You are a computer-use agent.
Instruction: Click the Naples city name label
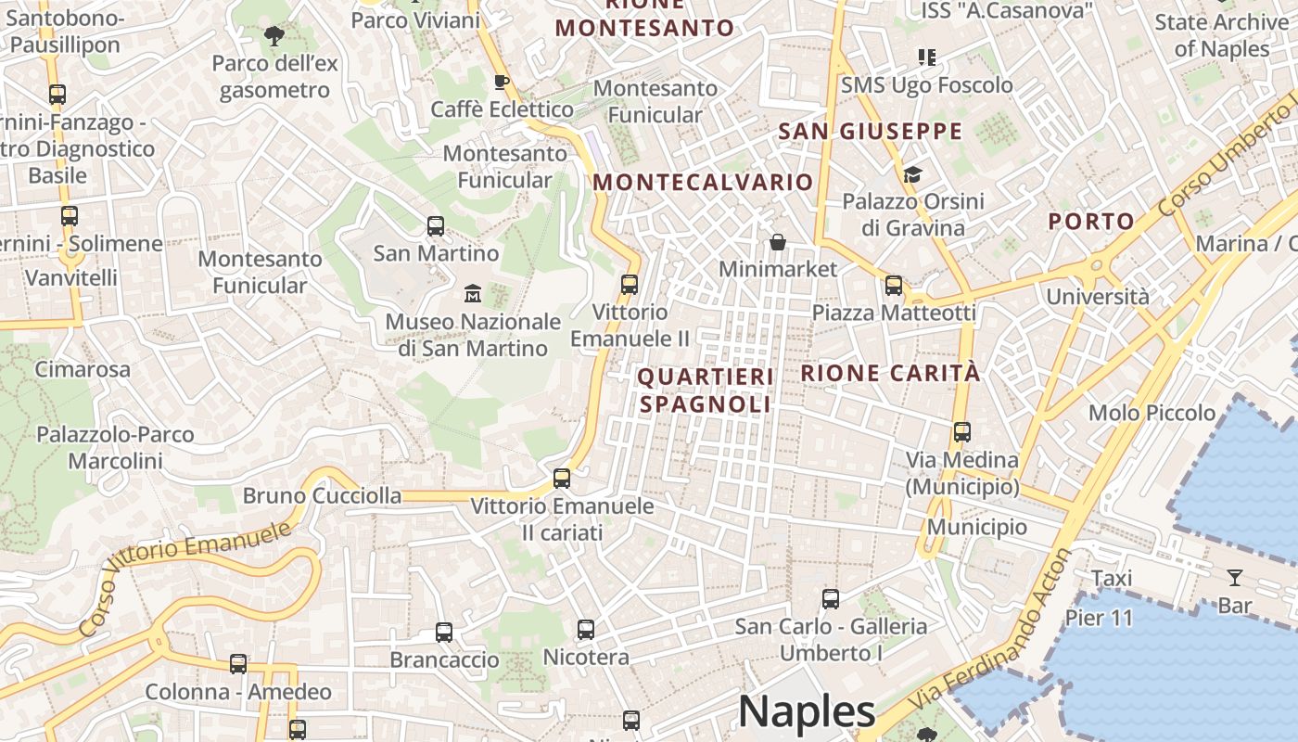click(807, 712)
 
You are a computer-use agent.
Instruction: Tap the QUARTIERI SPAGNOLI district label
click(706, 390)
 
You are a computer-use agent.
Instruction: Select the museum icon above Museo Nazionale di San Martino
click(473, 294)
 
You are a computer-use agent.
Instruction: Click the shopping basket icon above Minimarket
click(778, 242)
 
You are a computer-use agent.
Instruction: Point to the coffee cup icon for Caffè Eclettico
click(502, 82)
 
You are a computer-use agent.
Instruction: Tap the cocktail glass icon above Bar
click(1234, 578)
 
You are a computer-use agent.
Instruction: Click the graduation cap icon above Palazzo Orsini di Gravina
click(912, 174)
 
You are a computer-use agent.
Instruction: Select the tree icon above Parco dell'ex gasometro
click(274, 36)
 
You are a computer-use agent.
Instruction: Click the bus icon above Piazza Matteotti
click(894, 286)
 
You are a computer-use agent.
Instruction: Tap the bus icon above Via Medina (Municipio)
click(962, 432)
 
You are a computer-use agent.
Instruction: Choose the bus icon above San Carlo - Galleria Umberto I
click(831, 599)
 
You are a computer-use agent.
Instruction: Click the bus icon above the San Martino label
click(436, 225)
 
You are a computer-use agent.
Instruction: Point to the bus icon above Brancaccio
click(444, 633)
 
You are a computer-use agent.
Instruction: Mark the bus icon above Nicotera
click(586, 630)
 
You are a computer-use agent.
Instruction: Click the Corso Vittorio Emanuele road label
click(185, 579)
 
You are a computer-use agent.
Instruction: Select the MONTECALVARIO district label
click(703, 182)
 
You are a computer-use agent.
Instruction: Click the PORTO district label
click(1091, 221)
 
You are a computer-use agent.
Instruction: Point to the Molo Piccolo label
click(1152, 413)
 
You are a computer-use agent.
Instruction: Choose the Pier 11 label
click(1099, 618)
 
